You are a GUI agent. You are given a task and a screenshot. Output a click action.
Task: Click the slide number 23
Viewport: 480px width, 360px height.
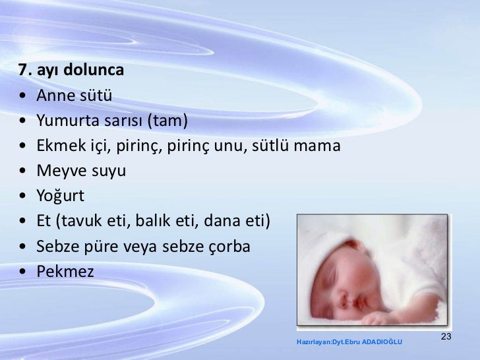pos(446,337)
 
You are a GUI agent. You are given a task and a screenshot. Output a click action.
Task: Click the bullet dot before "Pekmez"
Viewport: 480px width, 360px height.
pos(24,271)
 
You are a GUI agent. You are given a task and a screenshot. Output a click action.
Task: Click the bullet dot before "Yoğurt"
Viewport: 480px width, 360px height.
pos(24,196)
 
